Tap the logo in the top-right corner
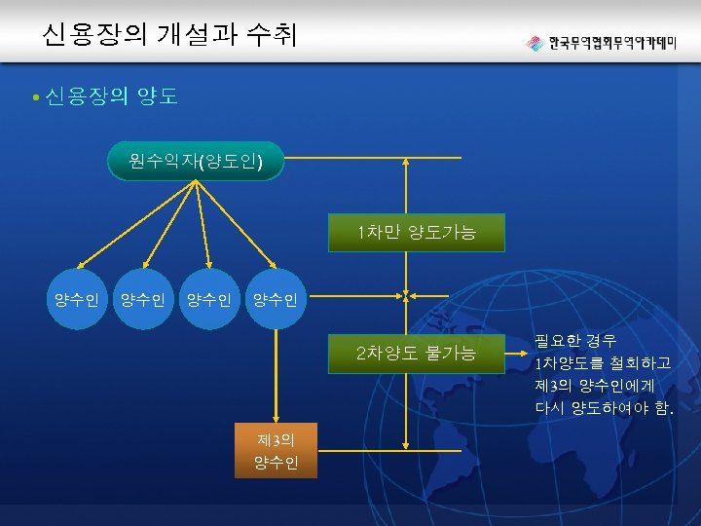pyautogui.click(x=601, y=44)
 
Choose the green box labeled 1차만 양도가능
pyautogui.click(x=417, y=233)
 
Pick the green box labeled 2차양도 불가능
pyautogui.click(x=417, y=353)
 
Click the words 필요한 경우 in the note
pyautogui.click(x=574, y=341)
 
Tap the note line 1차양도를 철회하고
pyautogui.click(x=602, y=363)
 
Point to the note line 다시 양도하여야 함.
pyautogui.click(x=604, y=408)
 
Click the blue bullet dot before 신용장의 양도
pyautogui.click(x=35, y=97)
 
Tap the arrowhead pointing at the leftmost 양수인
pyautogui.click(x=82, y=262)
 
